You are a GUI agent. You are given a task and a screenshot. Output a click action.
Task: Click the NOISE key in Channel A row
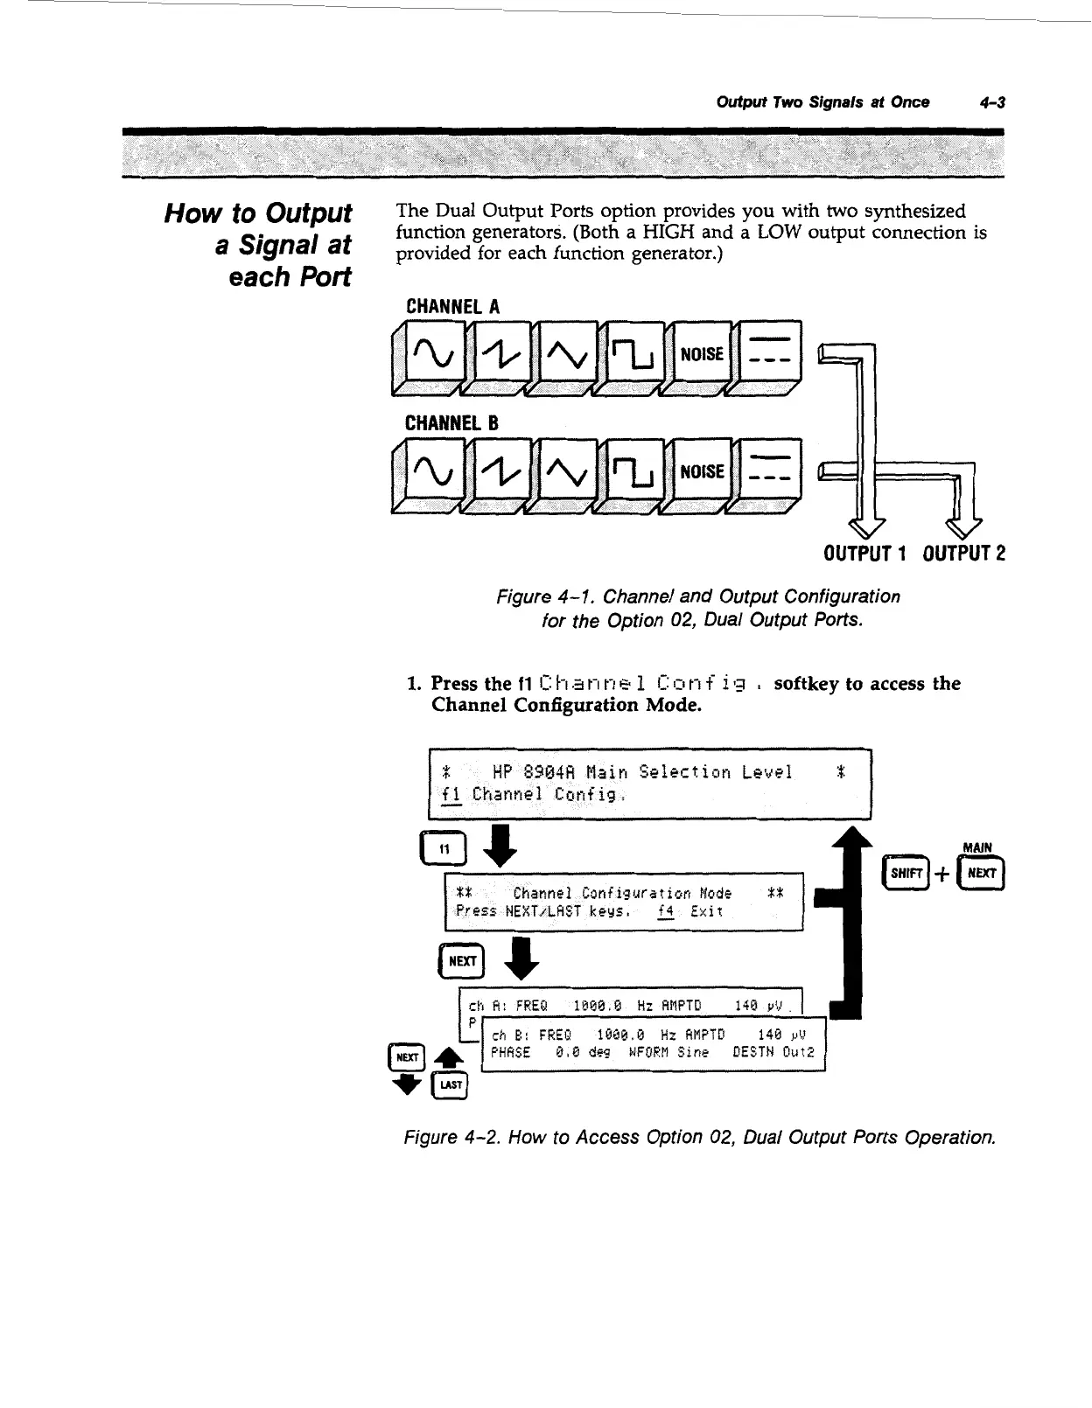[701, 354]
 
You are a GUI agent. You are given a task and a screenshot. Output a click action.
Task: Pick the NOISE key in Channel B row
[701, 472]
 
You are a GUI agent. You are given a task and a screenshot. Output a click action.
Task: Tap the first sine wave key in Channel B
[429, 472]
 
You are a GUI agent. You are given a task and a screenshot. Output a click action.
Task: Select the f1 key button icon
[444, 847]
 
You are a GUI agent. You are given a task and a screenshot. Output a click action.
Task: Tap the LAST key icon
[451, 1084]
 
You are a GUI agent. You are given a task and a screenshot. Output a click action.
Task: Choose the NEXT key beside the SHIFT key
[983, 873]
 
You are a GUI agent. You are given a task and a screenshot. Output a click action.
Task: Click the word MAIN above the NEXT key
[976, 847]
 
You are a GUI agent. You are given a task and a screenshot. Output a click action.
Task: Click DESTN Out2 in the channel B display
[774, 1052]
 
